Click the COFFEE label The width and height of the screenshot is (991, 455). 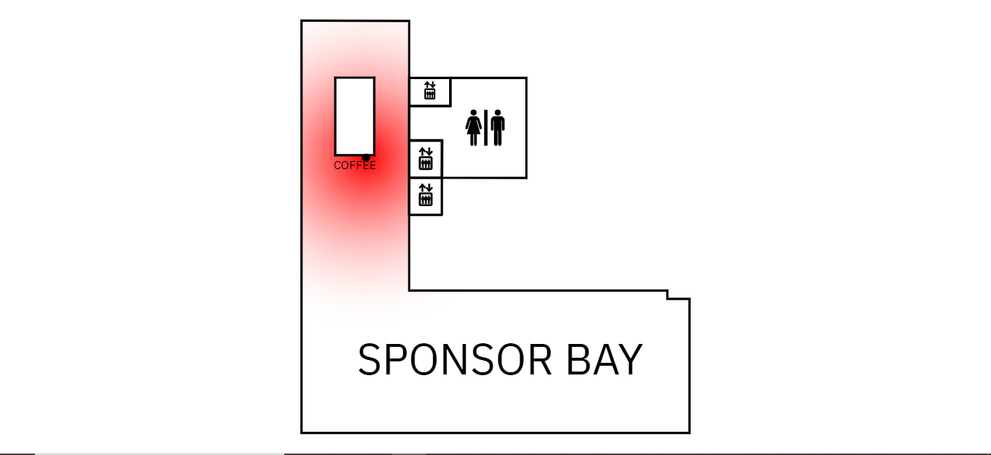click(355, 165)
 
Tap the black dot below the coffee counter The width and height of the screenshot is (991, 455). click(366, 157)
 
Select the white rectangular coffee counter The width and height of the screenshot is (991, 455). click(354, 116)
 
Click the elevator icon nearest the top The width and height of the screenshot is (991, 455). click(429, 91)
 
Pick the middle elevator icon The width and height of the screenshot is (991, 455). click(426, 159)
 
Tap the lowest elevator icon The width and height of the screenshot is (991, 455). click(426, 196)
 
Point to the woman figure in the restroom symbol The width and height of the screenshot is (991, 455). click(474, 128)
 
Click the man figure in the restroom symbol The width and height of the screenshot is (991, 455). click(497, 128)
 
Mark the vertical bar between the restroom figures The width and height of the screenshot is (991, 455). click(485, 128)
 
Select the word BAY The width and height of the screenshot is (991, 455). click(604, 359)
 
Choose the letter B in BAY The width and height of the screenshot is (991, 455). click(578, 359)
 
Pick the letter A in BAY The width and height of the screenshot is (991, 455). click(605, 359)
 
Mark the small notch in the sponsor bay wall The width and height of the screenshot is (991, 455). click(678, 295)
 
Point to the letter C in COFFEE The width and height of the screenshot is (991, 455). click(337, 165)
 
